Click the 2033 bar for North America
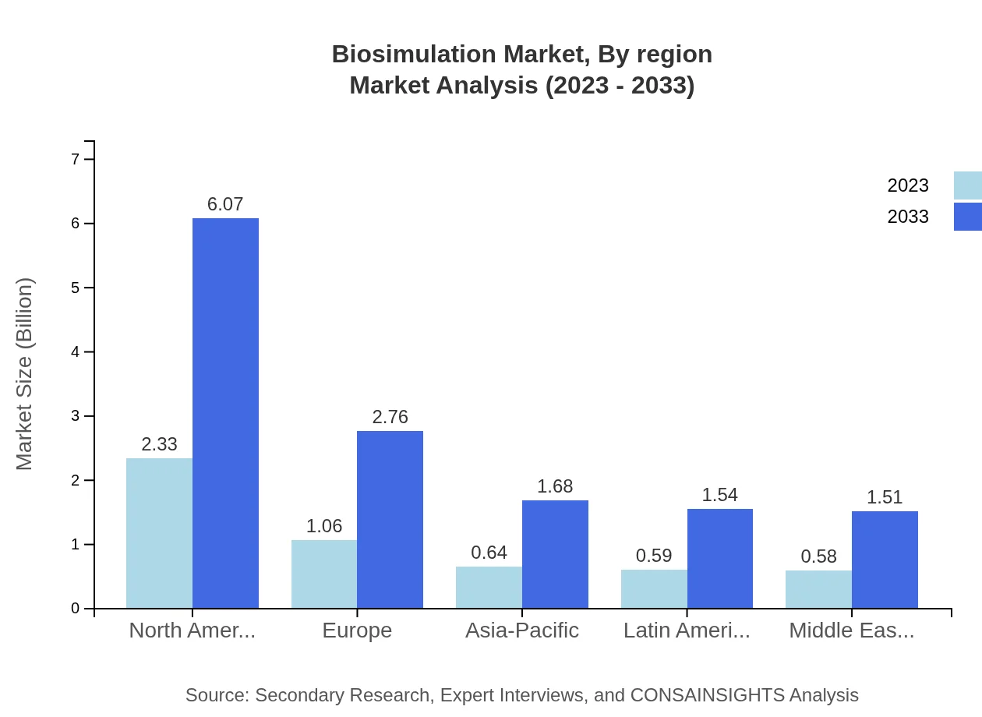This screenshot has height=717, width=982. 225,413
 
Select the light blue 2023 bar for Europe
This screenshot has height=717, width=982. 324,574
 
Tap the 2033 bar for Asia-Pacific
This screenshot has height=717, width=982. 555,554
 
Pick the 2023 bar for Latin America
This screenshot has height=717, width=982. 654,589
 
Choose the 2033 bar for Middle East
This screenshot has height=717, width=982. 885,560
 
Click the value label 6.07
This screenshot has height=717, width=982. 225,204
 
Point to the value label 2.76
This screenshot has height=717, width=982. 390,417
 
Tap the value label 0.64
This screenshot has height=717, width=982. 489,553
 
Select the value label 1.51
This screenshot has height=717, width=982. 885,497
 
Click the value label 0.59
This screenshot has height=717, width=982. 654,556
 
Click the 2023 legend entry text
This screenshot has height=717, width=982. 908,185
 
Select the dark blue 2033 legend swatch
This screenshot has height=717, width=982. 967,217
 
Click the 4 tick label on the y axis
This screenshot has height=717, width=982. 76,351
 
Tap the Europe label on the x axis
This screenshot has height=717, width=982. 357,630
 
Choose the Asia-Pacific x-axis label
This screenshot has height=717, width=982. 522,630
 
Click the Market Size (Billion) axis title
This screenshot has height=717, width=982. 25,374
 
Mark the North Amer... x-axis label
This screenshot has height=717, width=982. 192,630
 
